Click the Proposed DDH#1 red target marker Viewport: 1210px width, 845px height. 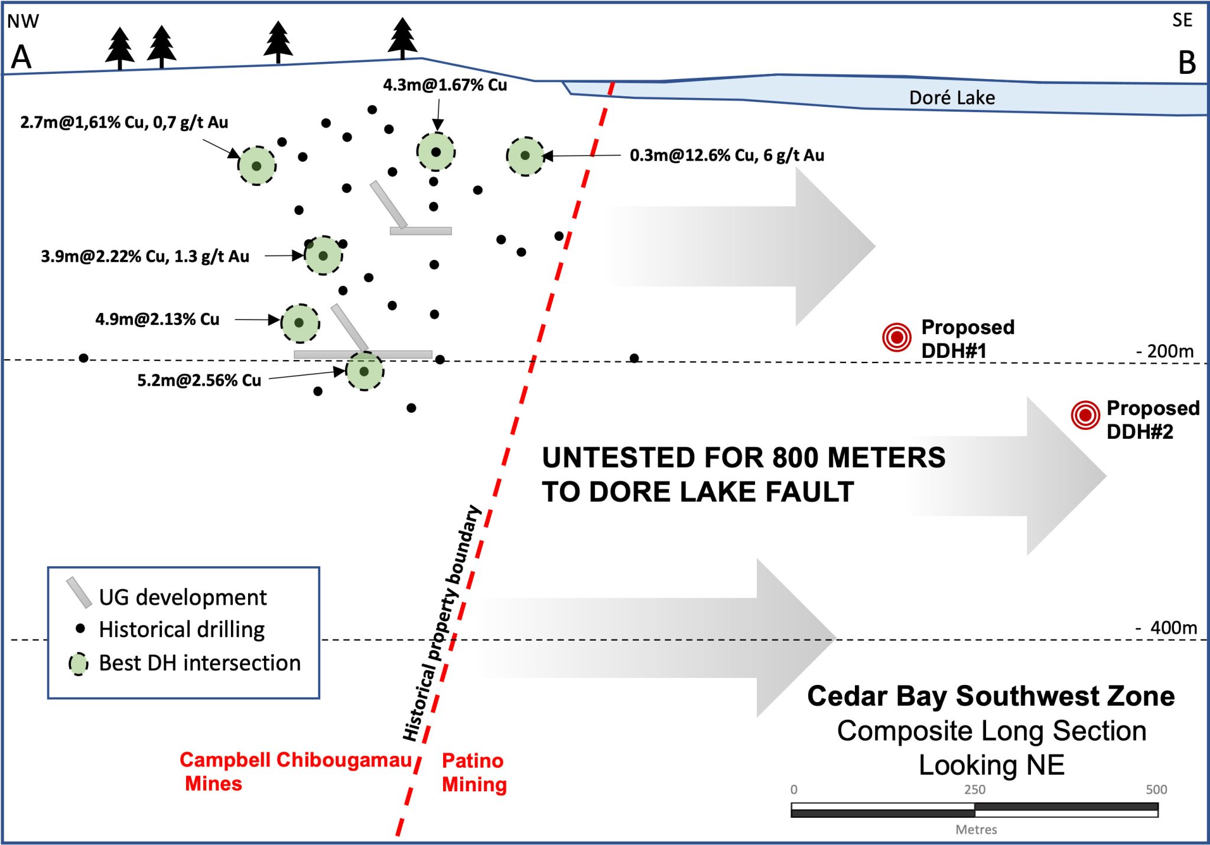896,337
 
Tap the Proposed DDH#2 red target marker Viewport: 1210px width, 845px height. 1085,415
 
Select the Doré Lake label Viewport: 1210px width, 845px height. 951,97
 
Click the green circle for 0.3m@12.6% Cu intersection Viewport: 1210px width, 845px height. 525,156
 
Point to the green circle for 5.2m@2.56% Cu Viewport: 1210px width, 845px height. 364,371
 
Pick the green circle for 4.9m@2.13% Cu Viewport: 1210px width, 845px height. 300,323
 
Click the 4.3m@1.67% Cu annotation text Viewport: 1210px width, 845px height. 444,85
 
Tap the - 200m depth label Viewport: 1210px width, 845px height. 1165,351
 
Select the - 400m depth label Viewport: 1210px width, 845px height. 1166,627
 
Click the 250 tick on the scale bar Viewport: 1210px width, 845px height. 974,789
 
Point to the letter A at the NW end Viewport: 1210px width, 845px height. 21,57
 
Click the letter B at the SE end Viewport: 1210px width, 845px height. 1187,63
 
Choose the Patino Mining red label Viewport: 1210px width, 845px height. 474,772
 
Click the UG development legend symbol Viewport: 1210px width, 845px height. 79,592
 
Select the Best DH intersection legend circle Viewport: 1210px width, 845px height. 79,664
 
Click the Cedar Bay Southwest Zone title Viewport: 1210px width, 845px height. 991,696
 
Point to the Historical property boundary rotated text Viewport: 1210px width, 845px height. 442,624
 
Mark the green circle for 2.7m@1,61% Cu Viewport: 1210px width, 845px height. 256,166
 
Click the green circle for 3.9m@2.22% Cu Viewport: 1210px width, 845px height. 323,256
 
